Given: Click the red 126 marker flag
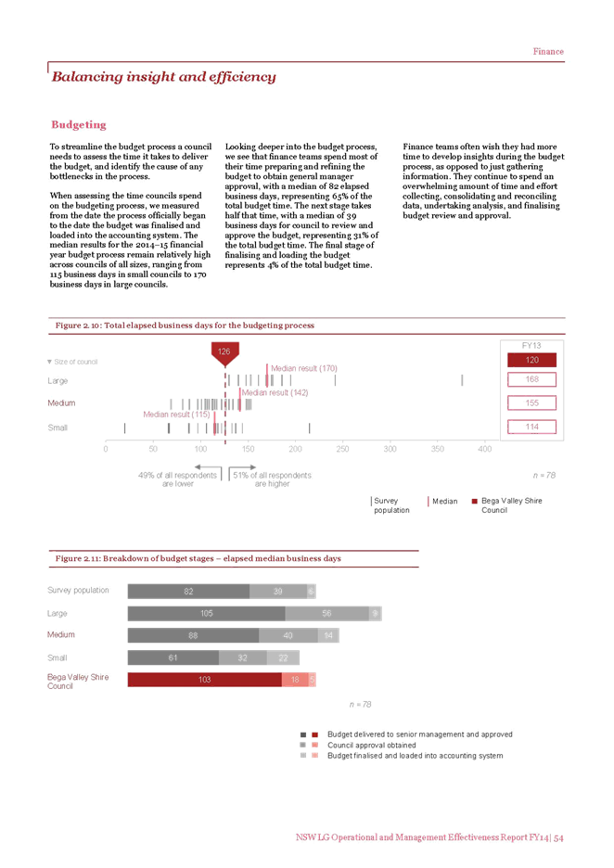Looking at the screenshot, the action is (x=224, y=352).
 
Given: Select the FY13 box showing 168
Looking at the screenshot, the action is (x=531, y=379).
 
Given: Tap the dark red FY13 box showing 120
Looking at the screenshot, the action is (x=531, y=360).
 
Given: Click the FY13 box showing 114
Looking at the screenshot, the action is (x=531, y=427).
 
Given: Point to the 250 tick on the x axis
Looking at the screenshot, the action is (x=343, y=449).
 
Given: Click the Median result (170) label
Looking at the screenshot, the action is (x=304, y=368).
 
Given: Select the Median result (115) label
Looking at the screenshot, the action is (x=176, y=415).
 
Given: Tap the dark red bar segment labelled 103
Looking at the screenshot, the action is (x=205, y=679).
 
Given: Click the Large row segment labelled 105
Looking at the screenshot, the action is (x=207, y=613).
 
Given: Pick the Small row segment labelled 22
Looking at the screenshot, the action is (x=283, y=657).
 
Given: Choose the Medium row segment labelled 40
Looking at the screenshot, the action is (x=288, y=635).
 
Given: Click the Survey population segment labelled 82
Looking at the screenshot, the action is (x=189, y=592).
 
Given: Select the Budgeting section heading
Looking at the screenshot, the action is (x=79, y=124).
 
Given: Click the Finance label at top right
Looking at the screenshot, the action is (x=548, y=52).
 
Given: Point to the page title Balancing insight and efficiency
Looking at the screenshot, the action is (x=164, y=76).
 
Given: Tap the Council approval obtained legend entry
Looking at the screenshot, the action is (x=372, y=745).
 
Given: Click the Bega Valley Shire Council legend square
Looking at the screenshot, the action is (x=475, y=502).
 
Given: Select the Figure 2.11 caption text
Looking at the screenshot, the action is (x=198, y=558).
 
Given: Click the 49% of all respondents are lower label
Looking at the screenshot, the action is (x=178, y=479).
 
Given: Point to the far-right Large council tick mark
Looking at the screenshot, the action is (x=462, y=380).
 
